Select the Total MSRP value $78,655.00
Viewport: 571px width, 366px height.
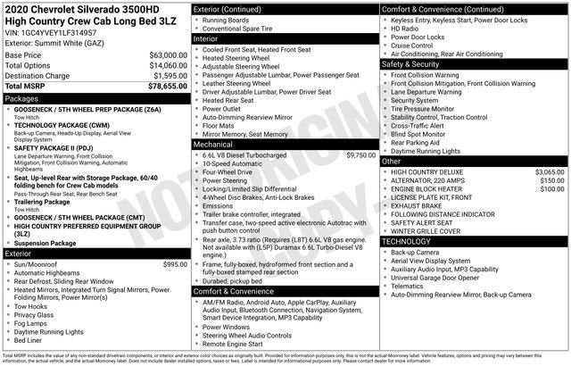(161, 87)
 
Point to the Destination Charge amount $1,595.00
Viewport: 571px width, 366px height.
(163, 76)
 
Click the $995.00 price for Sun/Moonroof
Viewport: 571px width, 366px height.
(175, 264)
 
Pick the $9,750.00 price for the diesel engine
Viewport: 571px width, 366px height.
(360, 154)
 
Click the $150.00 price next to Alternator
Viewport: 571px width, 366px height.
(551, 180)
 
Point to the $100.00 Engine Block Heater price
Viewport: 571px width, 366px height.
(551, 189)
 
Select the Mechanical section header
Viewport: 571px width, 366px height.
(213, 143)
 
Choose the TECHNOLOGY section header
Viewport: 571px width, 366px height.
(410, 241)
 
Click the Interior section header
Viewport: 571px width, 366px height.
(206, 39)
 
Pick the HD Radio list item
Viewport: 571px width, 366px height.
(407, 28)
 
